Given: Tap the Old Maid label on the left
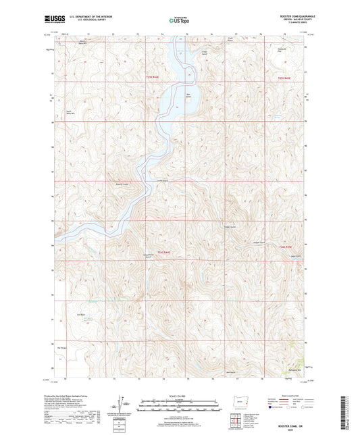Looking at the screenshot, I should (x=63, y=315).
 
